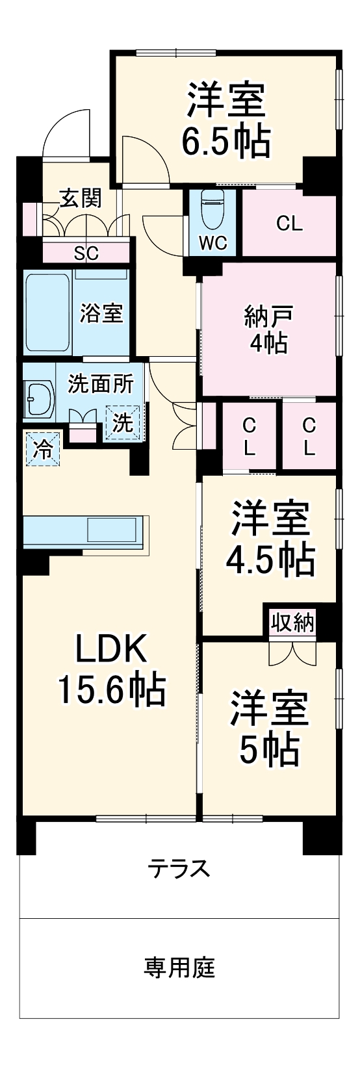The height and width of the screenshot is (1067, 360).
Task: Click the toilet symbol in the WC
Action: coord(212,207)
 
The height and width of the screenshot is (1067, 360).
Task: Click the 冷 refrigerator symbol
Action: coord(42,448)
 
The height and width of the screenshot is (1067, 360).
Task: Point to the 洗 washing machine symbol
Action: coord(123,422)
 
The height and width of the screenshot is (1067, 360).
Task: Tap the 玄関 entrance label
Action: coord(81,198)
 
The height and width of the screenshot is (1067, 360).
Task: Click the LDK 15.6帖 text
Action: coord(112,669)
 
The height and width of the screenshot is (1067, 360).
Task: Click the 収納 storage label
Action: coord(292,623)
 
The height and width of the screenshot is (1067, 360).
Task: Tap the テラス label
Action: coord(179,868)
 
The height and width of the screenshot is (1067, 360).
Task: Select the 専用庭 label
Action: coord(179,968)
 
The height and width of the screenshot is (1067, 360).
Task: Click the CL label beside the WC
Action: coord(289,224)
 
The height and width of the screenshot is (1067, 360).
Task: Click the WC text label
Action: coord(212,242)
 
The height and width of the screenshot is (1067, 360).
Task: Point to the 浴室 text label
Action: coord(101,313)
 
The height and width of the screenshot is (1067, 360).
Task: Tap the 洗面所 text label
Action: coord(101,383)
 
